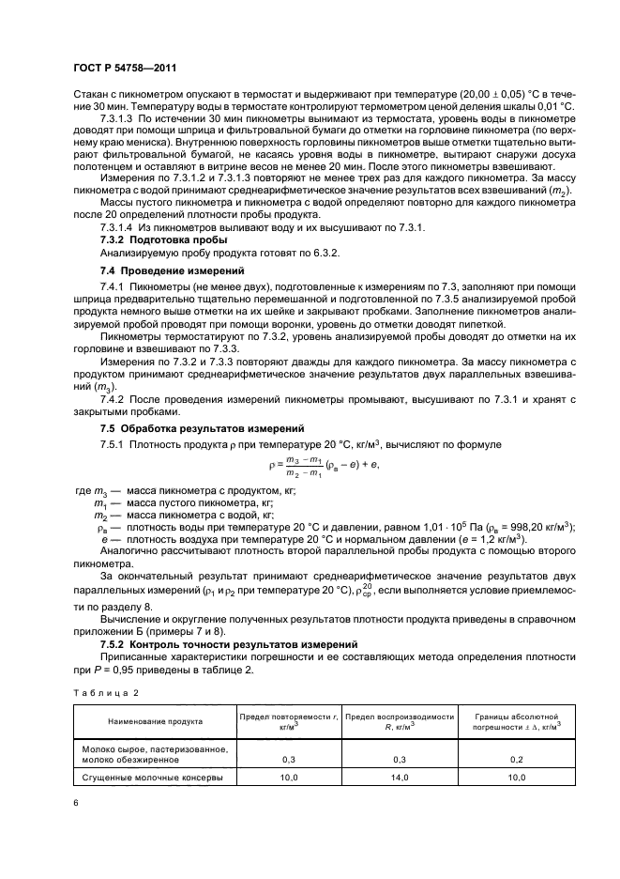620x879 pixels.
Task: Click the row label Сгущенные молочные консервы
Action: click(152, 778)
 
